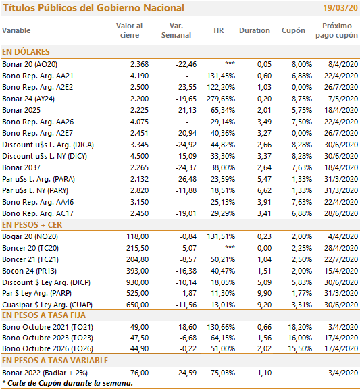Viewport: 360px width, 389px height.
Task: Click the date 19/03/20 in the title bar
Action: (340, 8)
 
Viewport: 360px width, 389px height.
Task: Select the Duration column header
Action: (255, 30)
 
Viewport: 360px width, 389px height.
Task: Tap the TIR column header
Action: (218, 30)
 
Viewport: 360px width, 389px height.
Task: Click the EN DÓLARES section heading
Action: (26, 51)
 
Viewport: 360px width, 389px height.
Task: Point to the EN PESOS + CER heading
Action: (32, 224)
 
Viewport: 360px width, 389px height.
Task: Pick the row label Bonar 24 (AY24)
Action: (28, 99)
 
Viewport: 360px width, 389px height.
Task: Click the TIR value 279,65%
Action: (221, 99)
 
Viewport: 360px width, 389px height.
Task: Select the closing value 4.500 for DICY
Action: (139, 156)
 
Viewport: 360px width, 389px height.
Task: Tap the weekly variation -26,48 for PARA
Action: (186, 179)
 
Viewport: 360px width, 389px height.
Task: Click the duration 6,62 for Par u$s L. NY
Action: (264, 190)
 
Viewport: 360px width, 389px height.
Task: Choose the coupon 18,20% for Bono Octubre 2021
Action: (300, 327)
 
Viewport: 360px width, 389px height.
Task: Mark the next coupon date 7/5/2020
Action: (343, 99)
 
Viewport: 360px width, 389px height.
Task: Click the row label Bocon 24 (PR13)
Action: (29, 271)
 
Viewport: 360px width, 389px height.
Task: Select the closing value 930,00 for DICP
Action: (138, 282)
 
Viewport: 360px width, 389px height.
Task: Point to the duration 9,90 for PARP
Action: (264, 293)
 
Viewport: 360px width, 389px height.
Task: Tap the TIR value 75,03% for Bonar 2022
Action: (223, 373)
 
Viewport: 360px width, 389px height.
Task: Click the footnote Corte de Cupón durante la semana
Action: (70, 383)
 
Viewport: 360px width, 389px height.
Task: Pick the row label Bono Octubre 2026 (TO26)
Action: (48, 348)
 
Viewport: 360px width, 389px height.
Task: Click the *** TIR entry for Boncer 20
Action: (230, 247)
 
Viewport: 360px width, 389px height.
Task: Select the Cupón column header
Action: (293, 30)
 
